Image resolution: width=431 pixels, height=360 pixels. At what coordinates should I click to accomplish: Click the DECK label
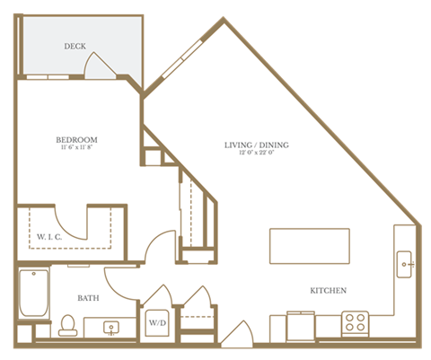pos(75,46)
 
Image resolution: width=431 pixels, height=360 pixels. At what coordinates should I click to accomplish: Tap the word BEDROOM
pos(76,140)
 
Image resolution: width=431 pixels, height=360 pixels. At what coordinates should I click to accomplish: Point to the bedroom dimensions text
pos(76,149)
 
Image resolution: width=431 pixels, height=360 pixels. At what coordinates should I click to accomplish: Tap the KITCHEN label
pos(328,290)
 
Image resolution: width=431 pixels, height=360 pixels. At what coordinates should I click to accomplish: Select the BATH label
pos(88,297)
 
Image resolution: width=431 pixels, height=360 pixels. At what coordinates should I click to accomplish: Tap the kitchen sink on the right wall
pos(405,266)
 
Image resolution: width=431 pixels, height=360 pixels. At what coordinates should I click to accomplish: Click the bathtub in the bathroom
pos(32,293)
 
